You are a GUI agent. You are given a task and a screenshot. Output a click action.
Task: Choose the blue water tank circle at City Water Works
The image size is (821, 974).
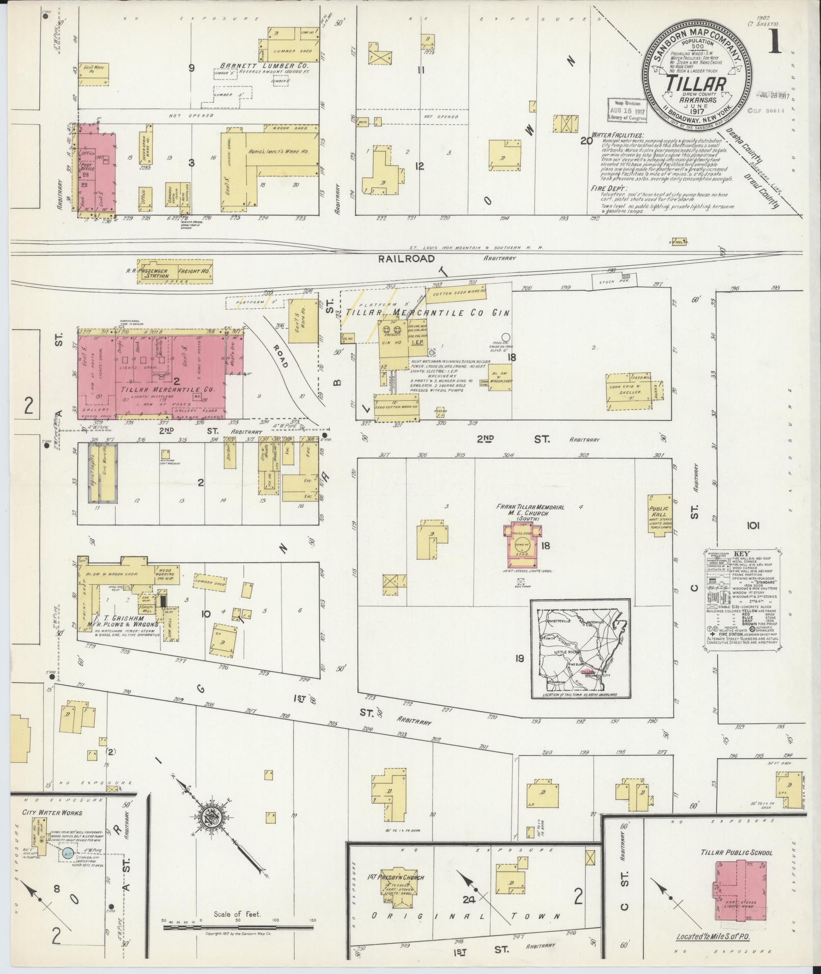click(67, 853)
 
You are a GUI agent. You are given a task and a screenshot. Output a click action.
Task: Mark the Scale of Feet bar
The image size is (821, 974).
click(238, 928)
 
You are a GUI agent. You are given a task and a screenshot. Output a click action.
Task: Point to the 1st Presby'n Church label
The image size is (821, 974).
click(397, 877)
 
